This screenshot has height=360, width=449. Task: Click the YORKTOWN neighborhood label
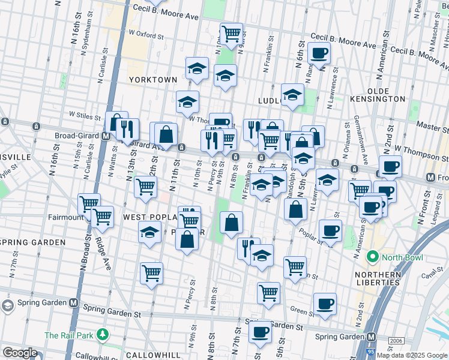(153, 79)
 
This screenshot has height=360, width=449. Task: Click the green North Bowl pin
(372, 258)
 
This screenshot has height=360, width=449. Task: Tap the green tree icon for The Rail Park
(104, 334)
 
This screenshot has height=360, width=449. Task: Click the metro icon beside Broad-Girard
(105, 136)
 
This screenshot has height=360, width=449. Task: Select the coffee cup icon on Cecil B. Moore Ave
(319, 53)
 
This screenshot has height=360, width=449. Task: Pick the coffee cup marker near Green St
(325, 304)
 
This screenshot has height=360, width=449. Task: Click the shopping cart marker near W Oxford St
(231, 33)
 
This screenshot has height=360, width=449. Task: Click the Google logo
(20, 353)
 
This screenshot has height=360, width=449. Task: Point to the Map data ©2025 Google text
(412, 355)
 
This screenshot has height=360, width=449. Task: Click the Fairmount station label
(67, 217)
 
